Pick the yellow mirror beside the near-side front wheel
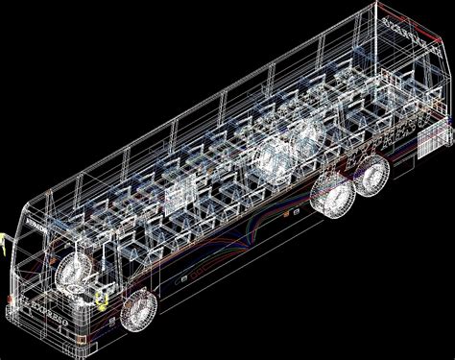tap(100, 305)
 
